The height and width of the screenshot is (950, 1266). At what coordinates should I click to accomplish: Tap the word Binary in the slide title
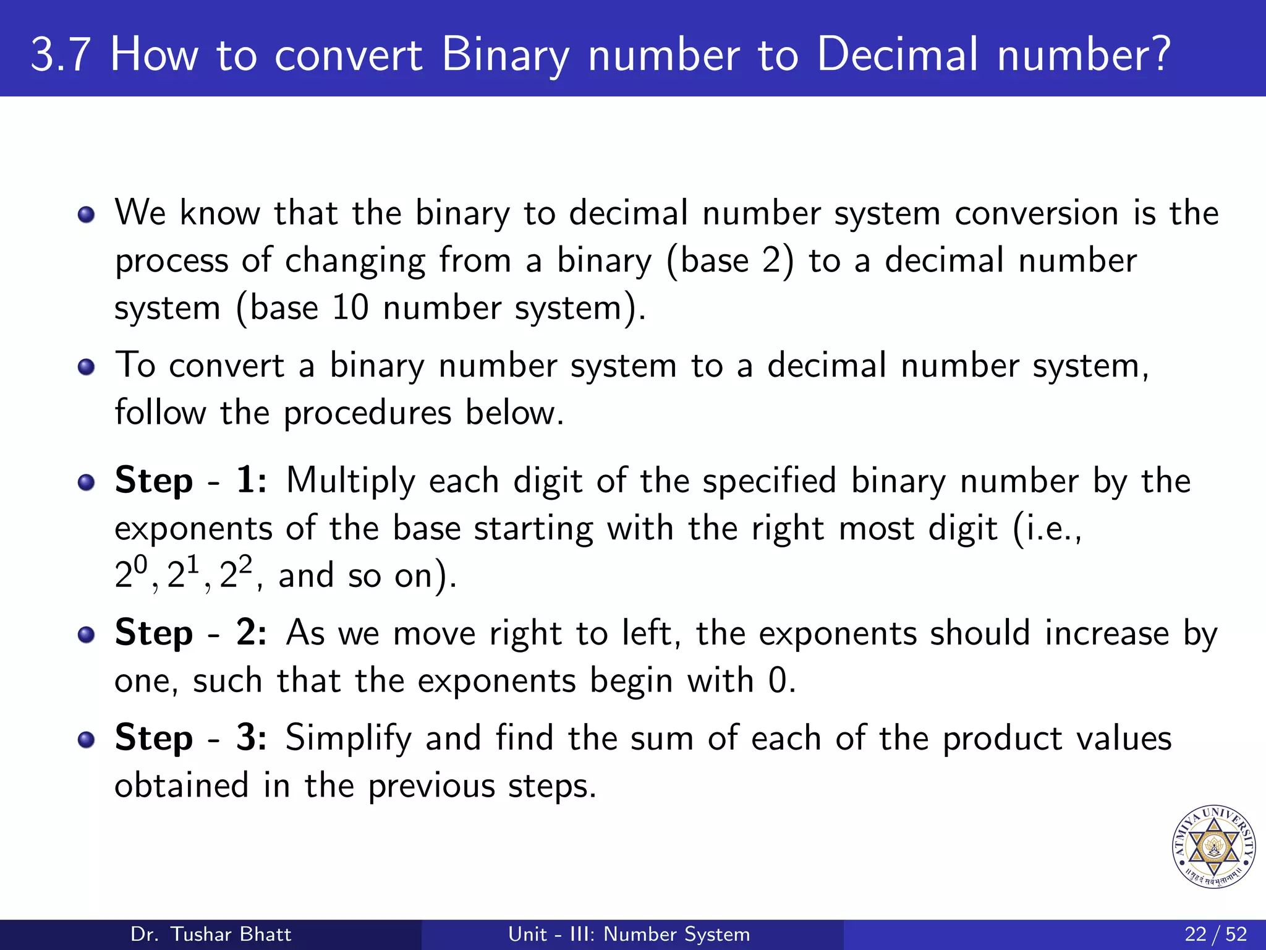point(505,56)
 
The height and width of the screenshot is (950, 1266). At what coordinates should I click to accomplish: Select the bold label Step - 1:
point(190,481)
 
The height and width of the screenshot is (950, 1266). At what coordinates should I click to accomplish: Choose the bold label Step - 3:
point(190,738)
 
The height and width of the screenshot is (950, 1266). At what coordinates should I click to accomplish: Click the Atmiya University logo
point(1213,847)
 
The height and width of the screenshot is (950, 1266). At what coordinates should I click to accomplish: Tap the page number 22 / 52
point(1215,934)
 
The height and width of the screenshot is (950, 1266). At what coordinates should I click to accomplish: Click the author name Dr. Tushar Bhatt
point(211,934)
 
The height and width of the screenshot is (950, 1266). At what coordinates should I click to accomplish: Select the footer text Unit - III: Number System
point(629,934)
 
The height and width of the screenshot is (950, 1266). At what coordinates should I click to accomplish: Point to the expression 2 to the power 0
point(131,573)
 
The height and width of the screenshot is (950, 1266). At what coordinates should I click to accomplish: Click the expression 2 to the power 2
point(236,573)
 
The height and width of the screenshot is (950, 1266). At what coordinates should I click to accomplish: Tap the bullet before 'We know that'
point(87,215)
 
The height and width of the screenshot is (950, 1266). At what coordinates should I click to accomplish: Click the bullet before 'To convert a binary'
point(87,367)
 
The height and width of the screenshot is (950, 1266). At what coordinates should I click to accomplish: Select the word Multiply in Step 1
point(350,482)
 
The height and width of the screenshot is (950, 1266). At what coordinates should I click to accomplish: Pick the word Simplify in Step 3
point(348,739)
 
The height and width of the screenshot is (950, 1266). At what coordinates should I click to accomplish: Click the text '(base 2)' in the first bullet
point(730,261)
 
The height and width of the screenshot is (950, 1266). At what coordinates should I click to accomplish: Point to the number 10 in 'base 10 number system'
point(350,307)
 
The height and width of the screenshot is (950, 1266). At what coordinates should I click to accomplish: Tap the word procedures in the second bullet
point(367,414)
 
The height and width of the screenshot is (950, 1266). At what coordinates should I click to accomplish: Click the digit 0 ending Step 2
point(777,681)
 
